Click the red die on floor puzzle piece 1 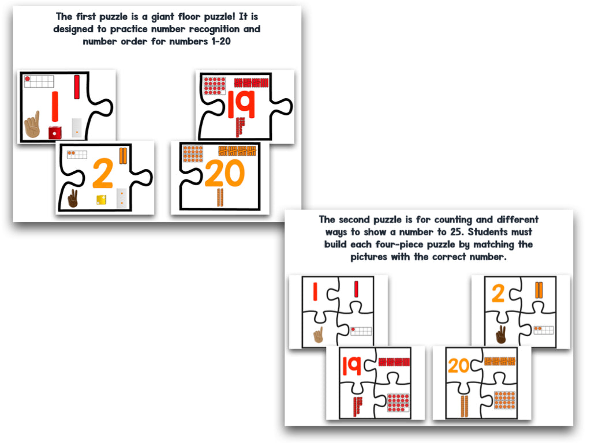pos(55,132)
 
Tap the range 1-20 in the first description pos(216,42)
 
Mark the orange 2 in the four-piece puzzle pos(498,294)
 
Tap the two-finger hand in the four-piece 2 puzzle pos(500,335)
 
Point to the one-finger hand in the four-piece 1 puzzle pos(317,335)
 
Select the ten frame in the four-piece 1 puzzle pos(361,331)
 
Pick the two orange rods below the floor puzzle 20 pos(219,198)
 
